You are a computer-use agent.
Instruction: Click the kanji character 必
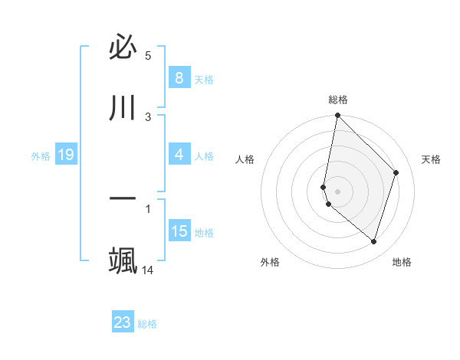123,48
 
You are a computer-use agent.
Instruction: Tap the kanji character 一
123,198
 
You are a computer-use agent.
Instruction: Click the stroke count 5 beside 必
148,56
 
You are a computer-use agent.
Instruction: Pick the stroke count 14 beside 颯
148,270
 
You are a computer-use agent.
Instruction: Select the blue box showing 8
179,78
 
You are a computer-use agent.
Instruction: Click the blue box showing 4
179,155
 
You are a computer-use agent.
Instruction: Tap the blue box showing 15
179,231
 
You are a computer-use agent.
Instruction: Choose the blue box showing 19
65,155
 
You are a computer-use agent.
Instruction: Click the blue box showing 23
122,322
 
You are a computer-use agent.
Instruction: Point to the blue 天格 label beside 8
204,79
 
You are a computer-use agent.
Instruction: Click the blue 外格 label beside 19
41,156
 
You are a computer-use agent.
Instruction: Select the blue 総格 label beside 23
147,324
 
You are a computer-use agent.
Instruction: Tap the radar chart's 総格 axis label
338,100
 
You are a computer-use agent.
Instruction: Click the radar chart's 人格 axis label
245,159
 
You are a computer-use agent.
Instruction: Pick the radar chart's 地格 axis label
402,262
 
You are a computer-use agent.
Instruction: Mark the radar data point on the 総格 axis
338,116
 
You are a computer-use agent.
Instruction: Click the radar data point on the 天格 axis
396,172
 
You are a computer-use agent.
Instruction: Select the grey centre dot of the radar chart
338,191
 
